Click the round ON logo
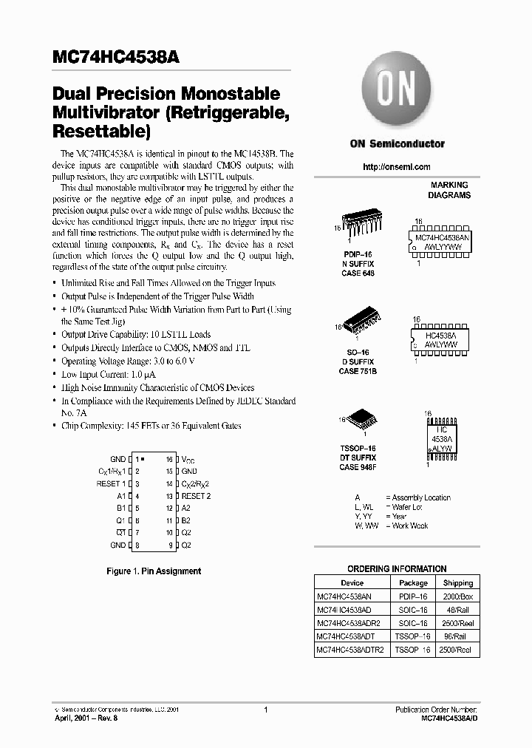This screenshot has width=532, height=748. click(396, 92)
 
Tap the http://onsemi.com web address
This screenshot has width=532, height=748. click(397, 167)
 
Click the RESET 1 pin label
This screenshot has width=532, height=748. click(112, 483)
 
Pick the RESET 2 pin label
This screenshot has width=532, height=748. click(197, 496)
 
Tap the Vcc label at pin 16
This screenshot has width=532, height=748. click(188, 459)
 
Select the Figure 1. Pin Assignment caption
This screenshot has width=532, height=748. click(154, 571)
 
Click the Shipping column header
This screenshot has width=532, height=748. click(458, 582)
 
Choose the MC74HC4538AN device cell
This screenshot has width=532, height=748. click(344, 596)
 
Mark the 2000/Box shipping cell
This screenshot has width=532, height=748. click(458, 596)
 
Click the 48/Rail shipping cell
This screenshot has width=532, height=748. click(458, 610)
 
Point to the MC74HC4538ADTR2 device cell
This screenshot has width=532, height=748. click(349, 650)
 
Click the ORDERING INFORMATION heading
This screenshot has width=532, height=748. click(397, 569)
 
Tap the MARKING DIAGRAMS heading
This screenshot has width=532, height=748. click(449, 190)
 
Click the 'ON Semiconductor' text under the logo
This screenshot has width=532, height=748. click(397, 144)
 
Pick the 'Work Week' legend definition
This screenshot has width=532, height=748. click(410, 526)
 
